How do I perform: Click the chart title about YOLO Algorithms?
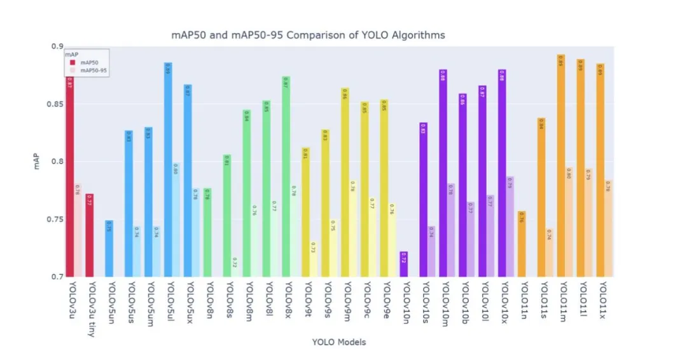point(308,35)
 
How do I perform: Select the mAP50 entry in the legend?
point(89,62)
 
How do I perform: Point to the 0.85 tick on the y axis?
point(57,104)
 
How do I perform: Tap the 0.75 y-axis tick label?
point(57,219)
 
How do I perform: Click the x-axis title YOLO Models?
point(339,342)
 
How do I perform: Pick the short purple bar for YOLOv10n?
point(404,264)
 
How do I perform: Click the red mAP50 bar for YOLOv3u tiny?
point(90,235)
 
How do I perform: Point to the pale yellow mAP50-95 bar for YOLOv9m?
point(353,228)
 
